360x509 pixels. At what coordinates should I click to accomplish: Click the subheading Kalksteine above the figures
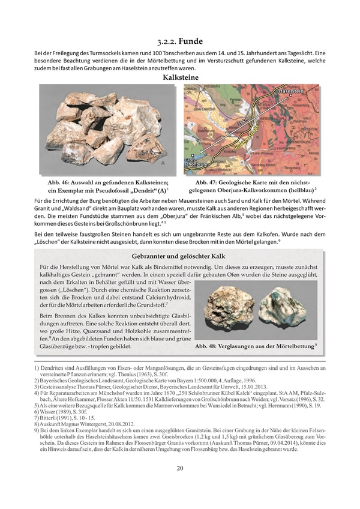[180, 77]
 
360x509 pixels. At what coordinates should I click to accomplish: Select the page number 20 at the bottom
[179, 486]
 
